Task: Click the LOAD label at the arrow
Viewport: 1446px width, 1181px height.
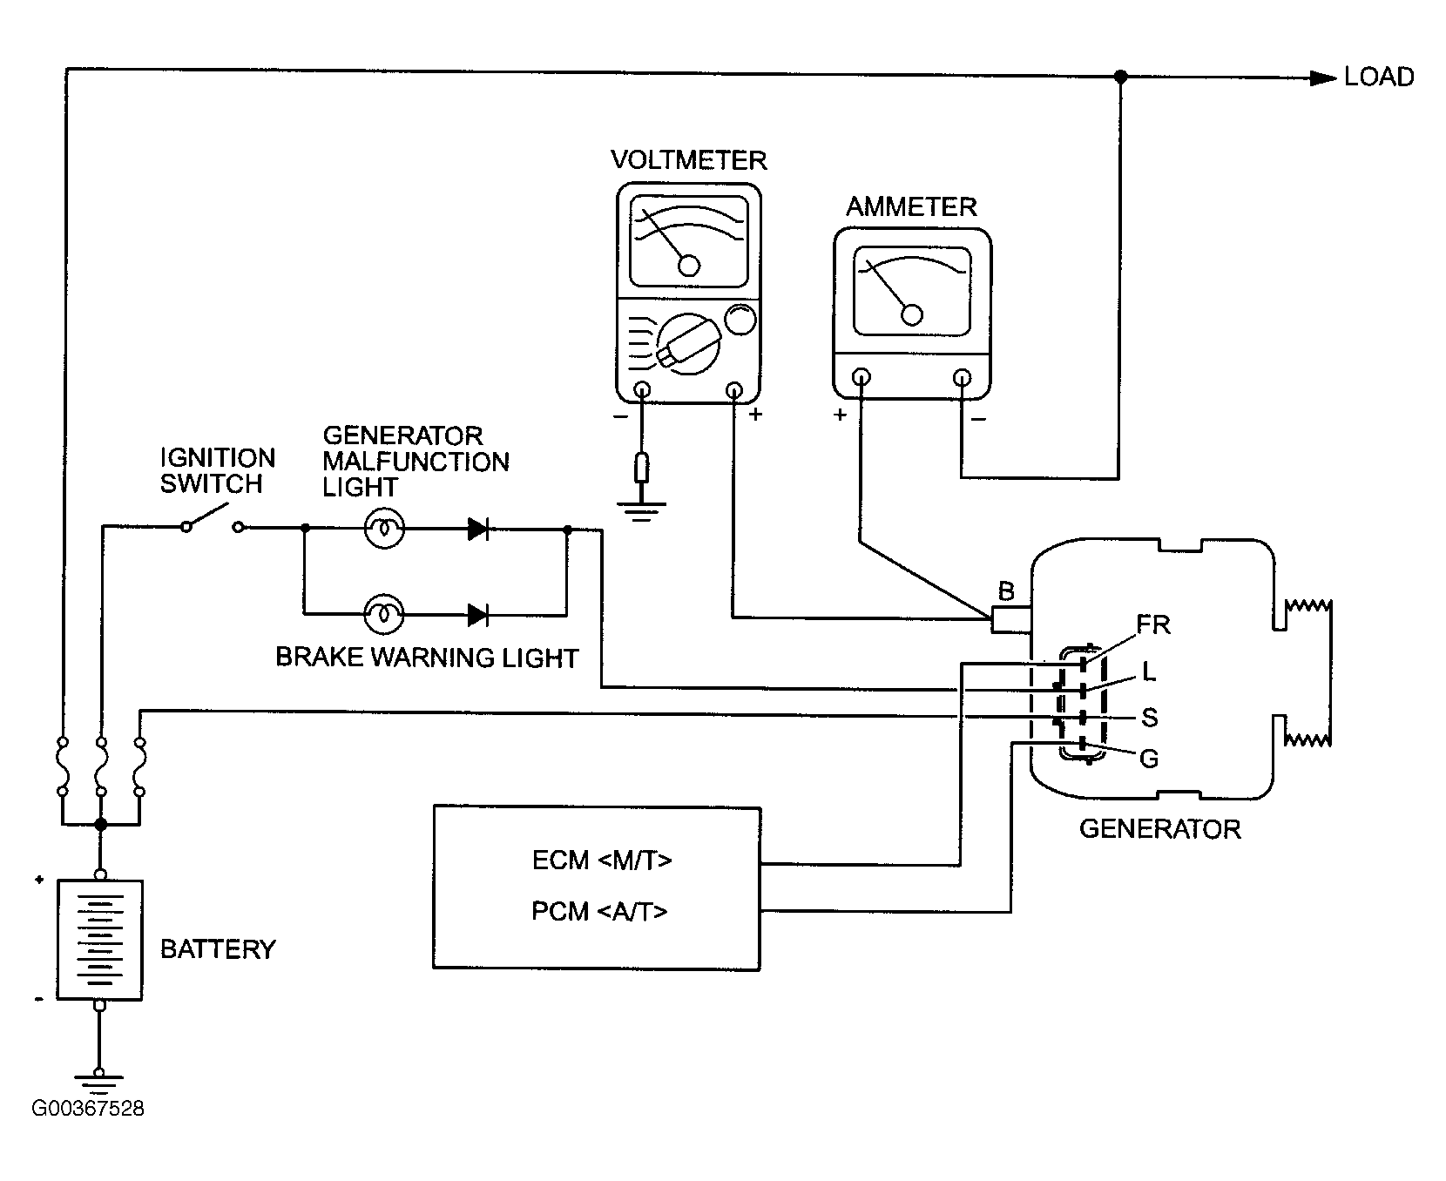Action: (x=1378, y=77)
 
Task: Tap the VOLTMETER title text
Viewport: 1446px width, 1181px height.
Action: (x=688, y=160)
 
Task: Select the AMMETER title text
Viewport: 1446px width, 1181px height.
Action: (x=911, y=206)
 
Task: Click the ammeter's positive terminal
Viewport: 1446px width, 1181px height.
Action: (x=861, y=377)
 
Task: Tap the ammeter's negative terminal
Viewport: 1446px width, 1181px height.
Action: (x=962, y=377)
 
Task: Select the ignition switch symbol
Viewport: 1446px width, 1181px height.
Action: (x=213, y=523)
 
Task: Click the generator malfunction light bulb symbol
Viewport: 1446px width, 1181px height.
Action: (x=383, y=528)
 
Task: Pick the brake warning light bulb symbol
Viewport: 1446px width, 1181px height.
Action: (x=383, y=614)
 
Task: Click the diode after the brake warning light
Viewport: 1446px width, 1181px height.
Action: (x=477, y=614)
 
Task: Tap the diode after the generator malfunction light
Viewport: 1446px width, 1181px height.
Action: (x=477, y=528)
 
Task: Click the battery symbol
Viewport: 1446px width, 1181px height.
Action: (x=99, y=939)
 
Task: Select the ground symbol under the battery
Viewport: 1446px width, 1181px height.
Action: (x=99, y=1082)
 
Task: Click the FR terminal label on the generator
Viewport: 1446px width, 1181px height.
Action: (x=1152, y=624)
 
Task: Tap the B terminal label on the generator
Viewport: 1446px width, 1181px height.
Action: (x=1006, y=592)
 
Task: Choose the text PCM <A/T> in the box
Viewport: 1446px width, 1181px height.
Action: (x=599, y=911)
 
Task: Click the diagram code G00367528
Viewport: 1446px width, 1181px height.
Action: (x=88, y=1109)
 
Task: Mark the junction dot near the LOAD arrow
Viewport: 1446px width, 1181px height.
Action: (x=1120, y=78)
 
